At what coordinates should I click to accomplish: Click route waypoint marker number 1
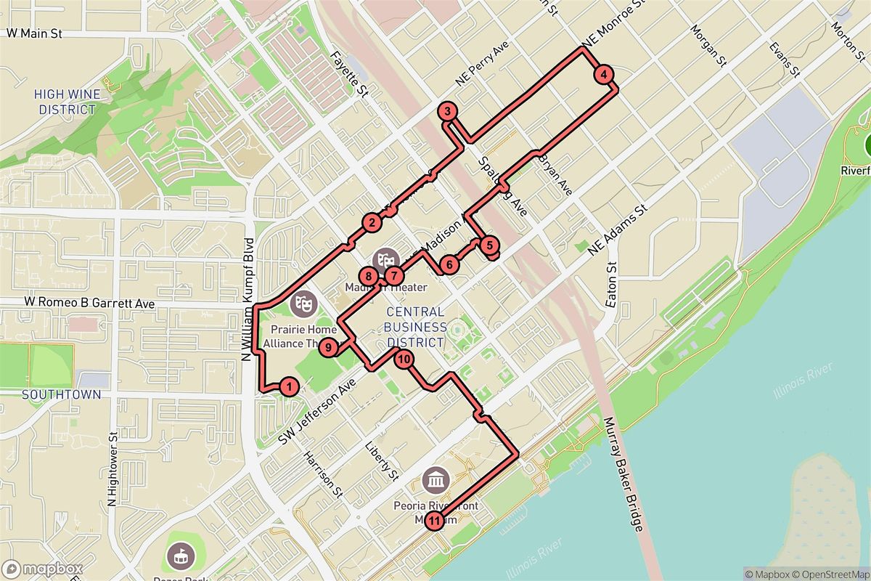(289, 386)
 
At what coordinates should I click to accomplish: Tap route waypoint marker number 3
(448, 112)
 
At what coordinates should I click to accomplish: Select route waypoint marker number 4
(603, 74)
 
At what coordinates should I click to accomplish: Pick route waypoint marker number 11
(434, 520)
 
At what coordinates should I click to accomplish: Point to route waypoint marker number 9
(329, 349)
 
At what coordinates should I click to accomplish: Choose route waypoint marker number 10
(404, 358)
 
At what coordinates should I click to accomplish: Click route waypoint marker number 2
(372, 223)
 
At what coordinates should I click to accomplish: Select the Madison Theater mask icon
(385, 260)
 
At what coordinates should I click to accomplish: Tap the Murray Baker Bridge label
(623, 475)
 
